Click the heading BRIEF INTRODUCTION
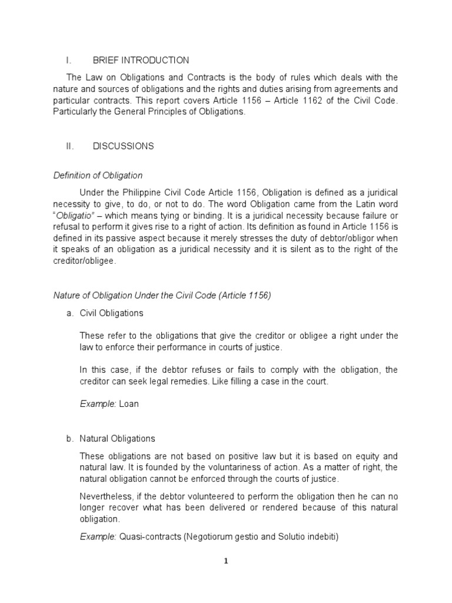tap(141, 60)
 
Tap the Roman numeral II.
tap(70, 146)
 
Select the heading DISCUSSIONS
tap(123, 146)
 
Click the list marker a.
tap(69, 313)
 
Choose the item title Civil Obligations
tap(112, 313)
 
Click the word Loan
tap(129, 404)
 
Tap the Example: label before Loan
tap(98, 404)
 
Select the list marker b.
tap(69, 439)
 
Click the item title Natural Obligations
tap(118, 439)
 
